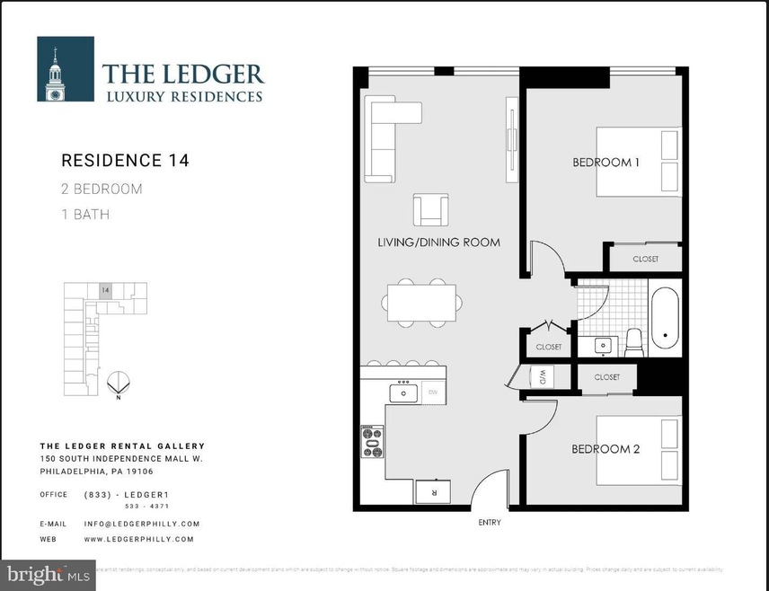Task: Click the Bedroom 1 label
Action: [606, 163]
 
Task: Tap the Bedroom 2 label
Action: [606, 449]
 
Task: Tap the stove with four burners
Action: [372, 441]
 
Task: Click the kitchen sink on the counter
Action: [403, 393]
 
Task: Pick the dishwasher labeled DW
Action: [433, 393]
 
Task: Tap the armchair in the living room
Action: [430, 210]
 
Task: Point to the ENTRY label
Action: [489, 523]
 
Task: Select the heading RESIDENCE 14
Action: [125, 161]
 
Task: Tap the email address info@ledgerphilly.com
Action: [141, 524]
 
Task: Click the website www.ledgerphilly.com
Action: [138, 539]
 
